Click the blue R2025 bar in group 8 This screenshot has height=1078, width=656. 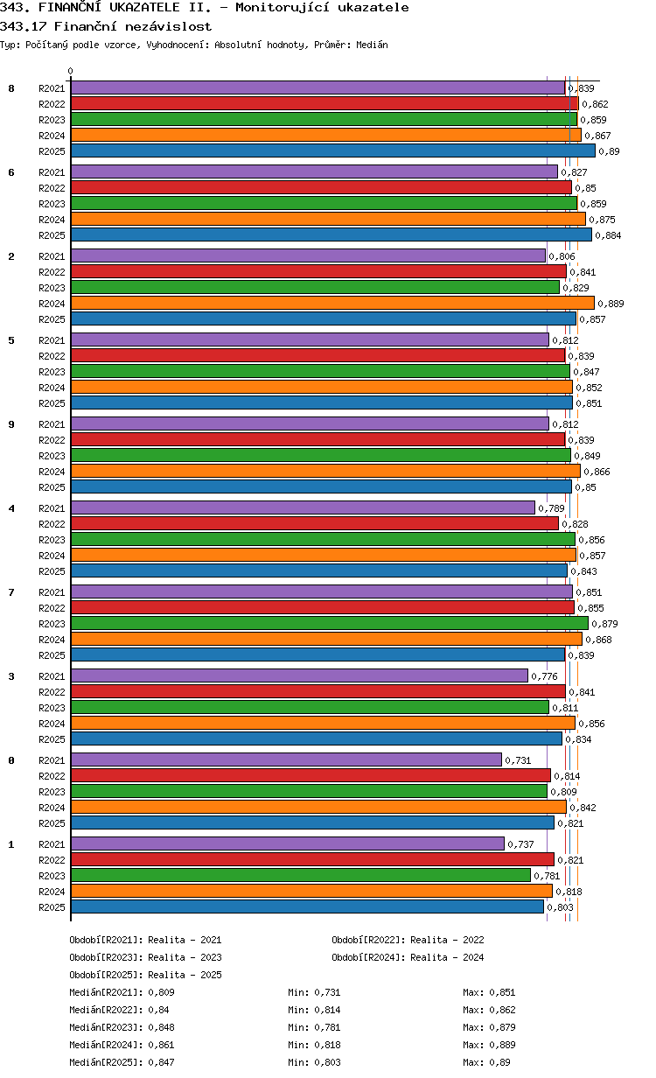pos(332,151)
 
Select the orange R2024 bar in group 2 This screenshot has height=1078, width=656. pos(332,304)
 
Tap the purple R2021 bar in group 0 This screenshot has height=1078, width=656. pos(286,760)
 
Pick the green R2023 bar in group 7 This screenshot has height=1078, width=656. pos(329,624)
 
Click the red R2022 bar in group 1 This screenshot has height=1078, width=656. pos(312,860)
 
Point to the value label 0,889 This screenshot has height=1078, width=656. pos(611,304)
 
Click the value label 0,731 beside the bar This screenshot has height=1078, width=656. pos(518,760)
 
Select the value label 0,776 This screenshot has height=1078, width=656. pos(544,676)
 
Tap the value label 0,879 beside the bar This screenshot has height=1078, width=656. pos(604,624)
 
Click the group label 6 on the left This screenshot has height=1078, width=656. pos(11,172)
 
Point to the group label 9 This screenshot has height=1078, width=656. pos(11,424)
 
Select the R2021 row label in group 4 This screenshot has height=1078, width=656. pos(52,508)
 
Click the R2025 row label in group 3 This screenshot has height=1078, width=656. pos(52,739)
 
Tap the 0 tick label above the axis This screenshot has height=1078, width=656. pos(71,72)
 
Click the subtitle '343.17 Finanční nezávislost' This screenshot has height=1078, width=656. pos(106,26)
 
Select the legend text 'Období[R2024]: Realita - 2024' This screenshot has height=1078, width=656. pos(408,957)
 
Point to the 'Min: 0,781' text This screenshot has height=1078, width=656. pos(314,1027)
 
